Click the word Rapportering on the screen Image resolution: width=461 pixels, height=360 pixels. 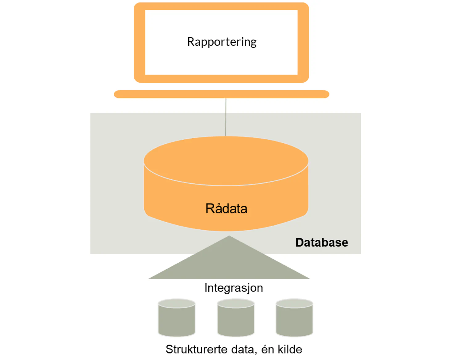pos(222,42)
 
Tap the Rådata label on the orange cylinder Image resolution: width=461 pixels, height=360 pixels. pos(226,209)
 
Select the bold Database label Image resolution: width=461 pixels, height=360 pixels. pos(321,243)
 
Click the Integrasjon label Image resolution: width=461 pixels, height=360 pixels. pos(234,288)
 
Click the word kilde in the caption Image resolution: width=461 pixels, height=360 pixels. pos(290,350)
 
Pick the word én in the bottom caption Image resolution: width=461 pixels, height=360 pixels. pos(267,350)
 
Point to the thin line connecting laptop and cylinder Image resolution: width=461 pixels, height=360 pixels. pos(226,117)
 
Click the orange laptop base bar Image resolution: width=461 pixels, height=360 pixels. pos(221,94)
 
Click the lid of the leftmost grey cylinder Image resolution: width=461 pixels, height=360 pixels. pos(177,304)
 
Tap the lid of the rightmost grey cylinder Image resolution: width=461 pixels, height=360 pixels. pos(295,304)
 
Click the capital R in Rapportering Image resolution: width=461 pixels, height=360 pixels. pos(191,42)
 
